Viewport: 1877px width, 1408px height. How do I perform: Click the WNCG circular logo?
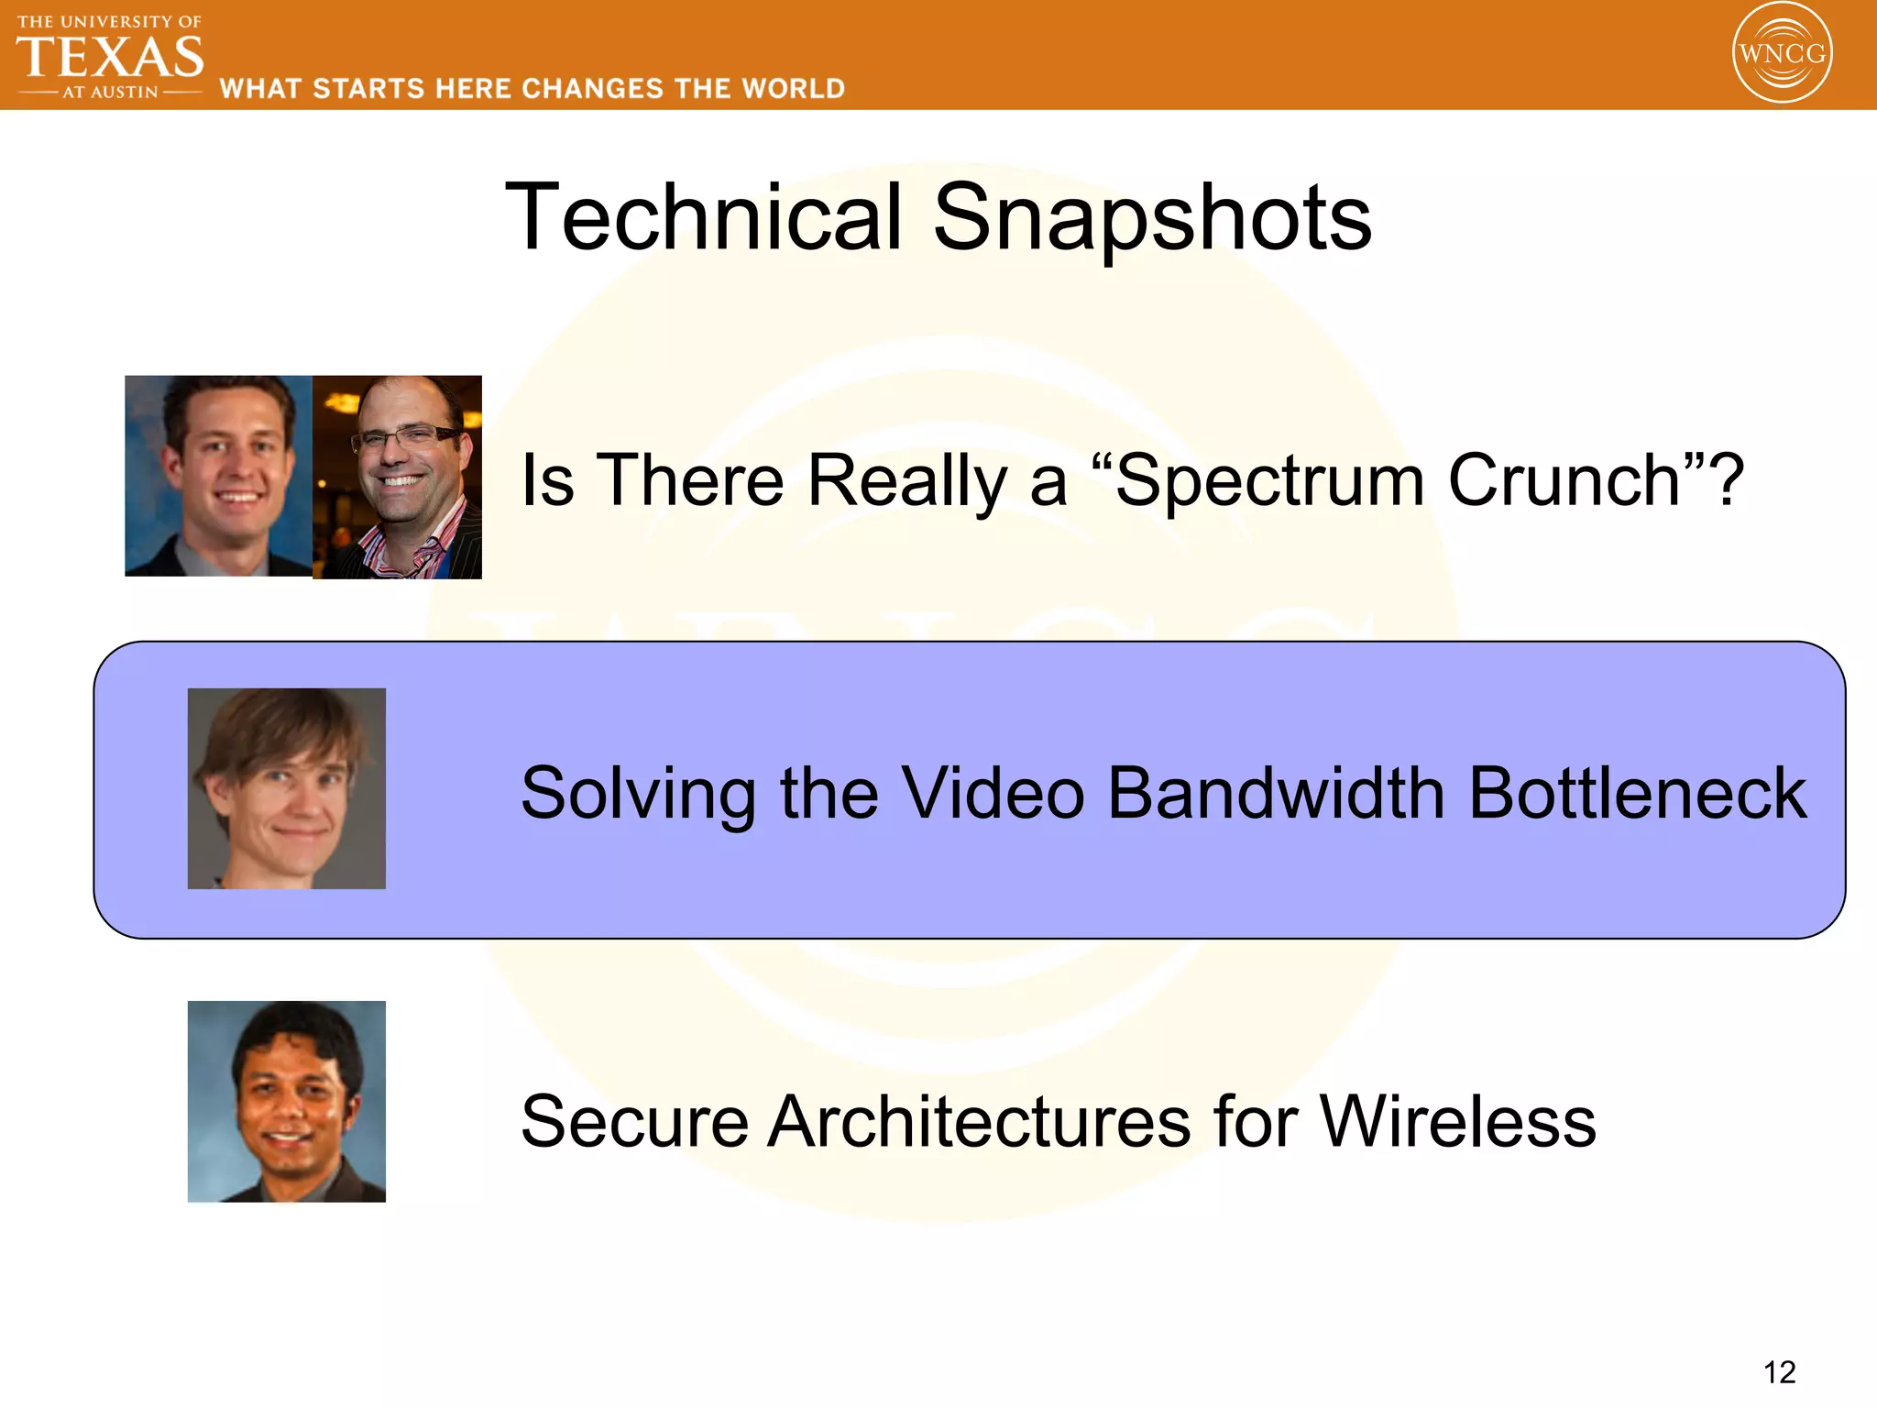point(1782,52)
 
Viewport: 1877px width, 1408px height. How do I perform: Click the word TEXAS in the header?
point(110,57)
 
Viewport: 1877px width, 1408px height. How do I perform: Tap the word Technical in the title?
point(704,217)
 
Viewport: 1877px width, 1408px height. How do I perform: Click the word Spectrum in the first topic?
point(1269,480)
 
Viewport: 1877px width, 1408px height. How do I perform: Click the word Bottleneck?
point(1637,793)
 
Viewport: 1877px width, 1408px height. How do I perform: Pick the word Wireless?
point(1457,1121)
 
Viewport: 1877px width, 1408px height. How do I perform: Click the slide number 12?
point(1779,1372)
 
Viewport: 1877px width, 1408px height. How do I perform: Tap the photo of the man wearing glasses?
point(397,477)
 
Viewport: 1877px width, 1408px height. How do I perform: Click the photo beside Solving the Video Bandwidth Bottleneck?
point(287,788)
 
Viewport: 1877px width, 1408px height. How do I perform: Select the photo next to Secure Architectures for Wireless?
point(287,1101)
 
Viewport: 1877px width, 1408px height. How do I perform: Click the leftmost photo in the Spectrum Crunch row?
point(218,475)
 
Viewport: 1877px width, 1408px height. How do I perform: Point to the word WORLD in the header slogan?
point(793,89)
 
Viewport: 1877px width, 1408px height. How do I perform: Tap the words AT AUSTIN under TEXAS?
point(110,93)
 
